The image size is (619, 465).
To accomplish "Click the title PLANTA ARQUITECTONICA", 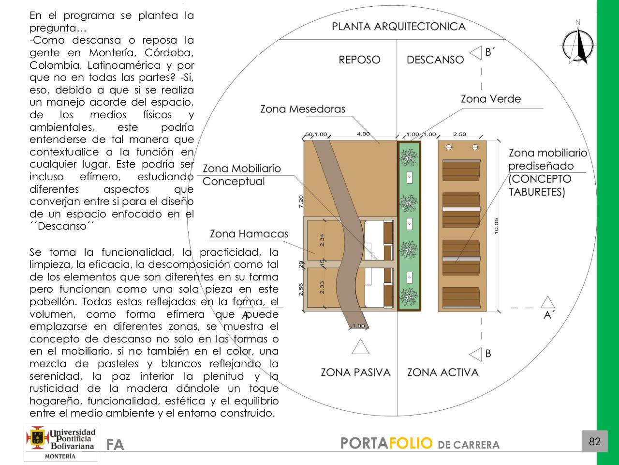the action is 398,27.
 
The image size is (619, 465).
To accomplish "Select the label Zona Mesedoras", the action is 303,109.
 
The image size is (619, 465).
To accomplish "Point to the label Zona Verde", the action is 491,99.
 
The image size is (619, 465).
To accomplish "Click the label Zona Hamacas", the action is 249,234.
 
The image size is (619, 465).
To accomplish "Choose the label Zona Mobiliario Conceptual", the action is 241,175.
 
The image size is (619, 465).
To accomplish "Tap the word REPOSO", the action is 359,60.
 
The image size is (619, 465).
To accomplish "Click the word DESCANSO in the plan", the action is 435,60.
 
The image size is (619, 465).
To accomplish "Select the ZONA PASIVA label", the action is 355,372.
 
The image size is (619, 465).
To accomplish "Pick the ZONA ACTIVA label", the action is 442,372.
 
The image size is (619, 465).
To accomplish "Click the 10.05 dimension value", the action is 497,226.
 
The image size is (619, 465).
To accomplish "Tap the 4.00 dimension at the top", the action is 363,134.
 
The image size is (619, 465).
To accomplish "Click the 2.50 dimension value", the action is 459,134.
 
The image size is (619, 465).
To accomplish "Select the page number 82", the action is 594,441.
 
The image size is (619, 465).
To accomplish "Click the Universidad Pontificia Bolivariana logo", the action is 60,442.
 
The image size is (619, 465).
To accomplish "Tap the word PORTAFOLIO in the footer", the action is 386,443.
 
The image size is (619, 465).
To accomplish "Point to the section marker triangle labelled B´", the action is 476,53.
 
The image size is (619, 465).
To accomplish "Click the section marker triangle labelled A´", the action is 547,303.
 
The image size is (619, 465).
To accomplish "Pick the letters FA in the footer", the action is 115,445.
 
